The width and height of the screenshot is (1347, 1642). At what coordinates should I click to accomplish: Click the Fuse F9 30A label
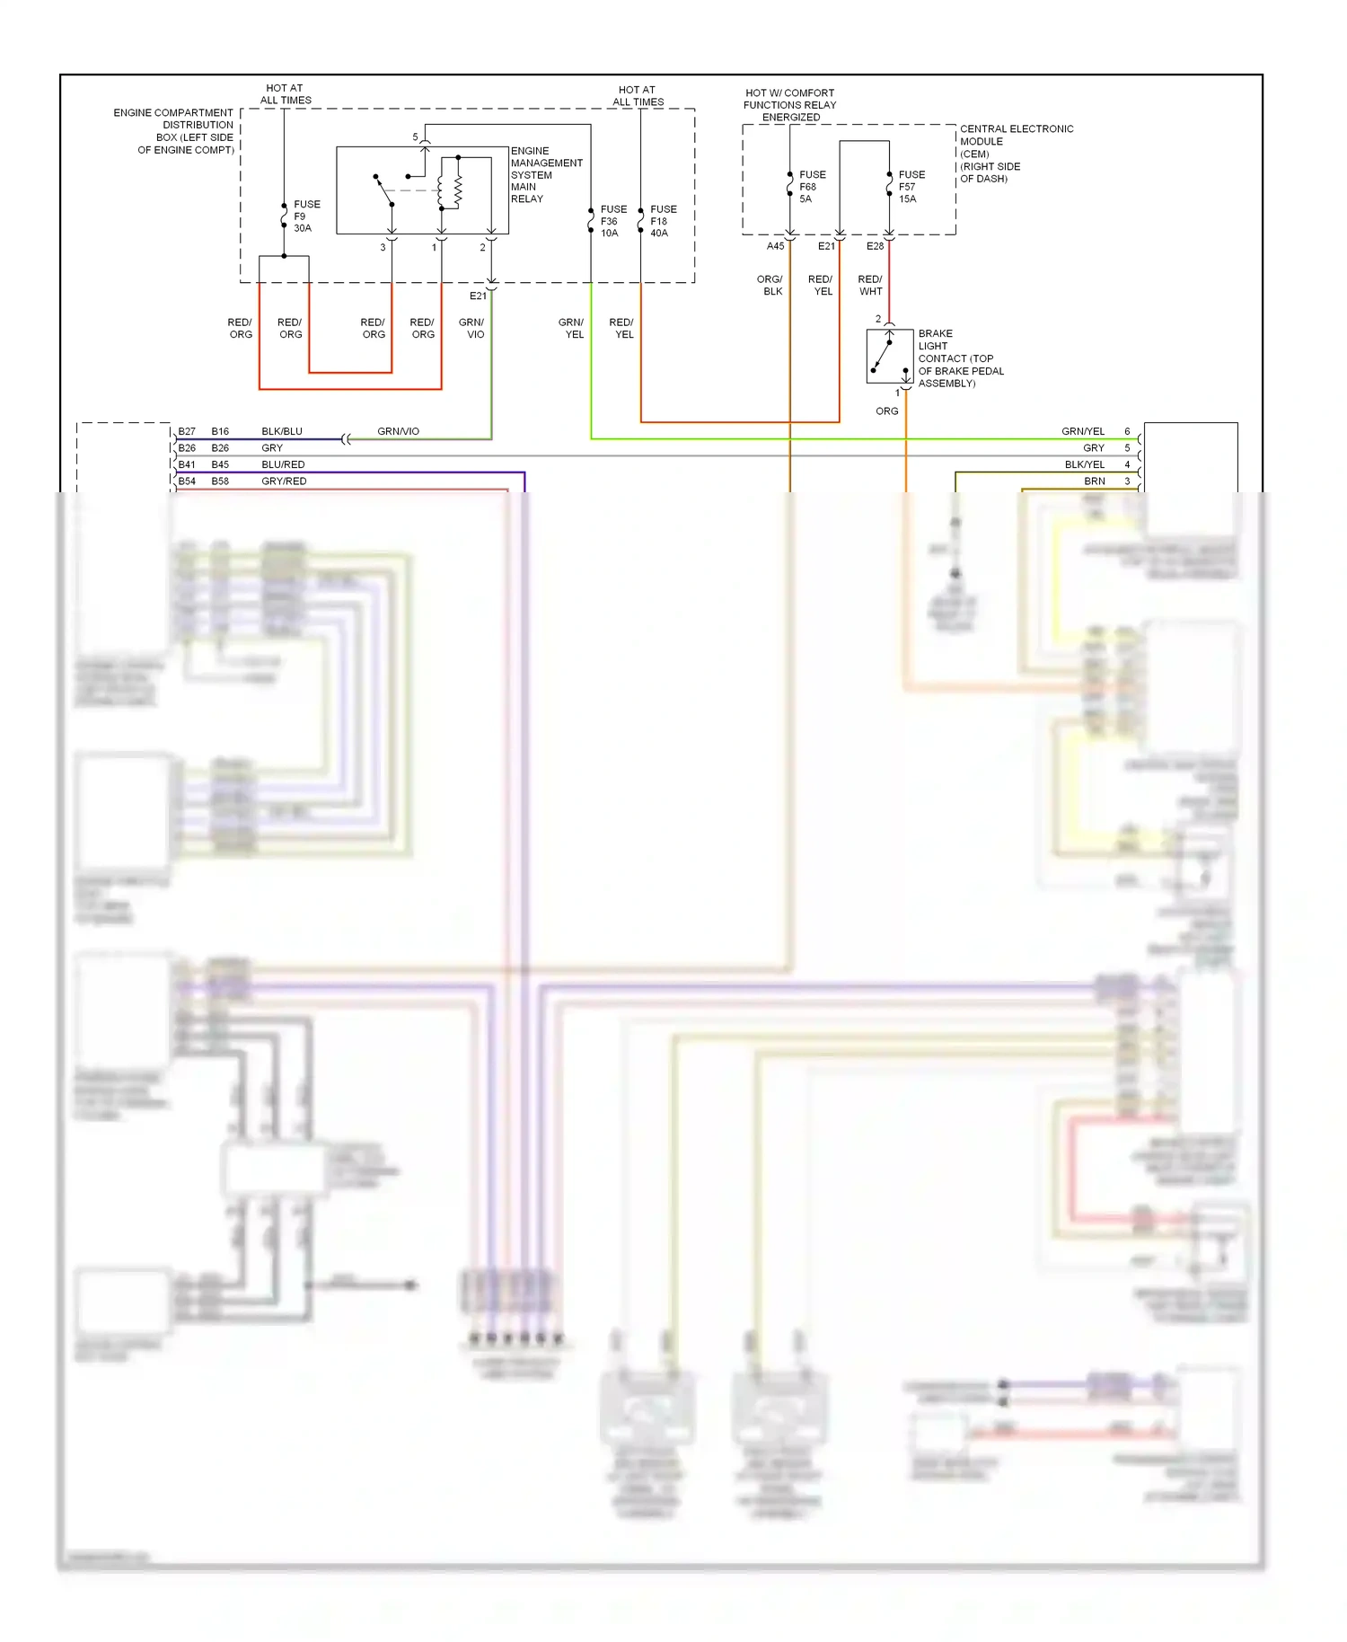(305, 216)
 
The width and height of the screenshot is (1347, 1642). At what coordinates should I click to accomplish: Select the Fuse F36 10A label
(612, 221)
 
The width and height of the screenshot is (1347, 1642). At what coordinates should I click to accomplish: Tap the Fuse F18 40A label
(663, 221)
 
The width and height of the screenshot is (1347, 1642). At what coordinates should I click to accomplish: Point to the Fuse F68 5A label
(811, 187)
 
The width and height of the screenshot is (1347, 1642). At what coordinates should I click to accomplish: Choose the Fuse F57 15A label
(911, 187)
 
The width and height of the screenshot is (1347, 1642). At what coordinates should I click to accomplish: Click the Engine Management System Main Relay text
(545, 175)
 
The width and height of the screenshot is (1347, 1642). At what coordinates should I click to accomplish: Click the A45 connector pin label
(775, 246)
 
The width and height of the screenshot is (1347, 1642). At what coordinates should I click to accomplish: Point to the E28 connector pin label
(875, 246)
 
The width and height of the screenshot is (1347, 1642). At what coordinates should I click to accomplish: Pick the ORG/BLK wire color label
(770, 286)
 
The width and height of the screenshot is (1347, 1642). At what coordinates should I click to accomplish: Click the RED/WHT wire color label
(870, 286)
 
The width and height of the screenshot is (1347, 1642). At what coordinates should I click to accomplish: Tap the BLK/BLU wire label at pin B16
(282, 432)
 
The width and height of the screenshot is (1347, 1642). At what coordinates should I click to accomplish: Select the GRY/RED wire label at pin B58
(284, 481)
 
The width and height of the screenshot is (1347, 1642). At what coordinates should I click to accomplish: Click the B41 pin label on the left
(187, 465)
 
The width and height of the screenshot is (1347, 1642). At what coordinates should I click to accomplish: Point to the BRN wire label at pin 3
(1094, 481)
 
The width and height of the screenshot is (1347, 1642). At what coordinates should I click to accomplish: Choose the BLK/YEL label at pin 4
(1084, 465)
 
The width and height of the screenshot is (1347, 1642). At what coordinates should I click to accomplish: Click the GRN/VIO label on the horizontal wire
(398, 432)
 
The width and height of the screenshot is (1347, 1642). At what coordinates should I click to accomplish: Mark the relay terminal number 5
(415, 137)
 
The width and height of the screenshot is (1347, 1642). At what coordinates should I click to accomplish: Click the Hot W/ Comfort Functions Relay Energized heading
(789, 105)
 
